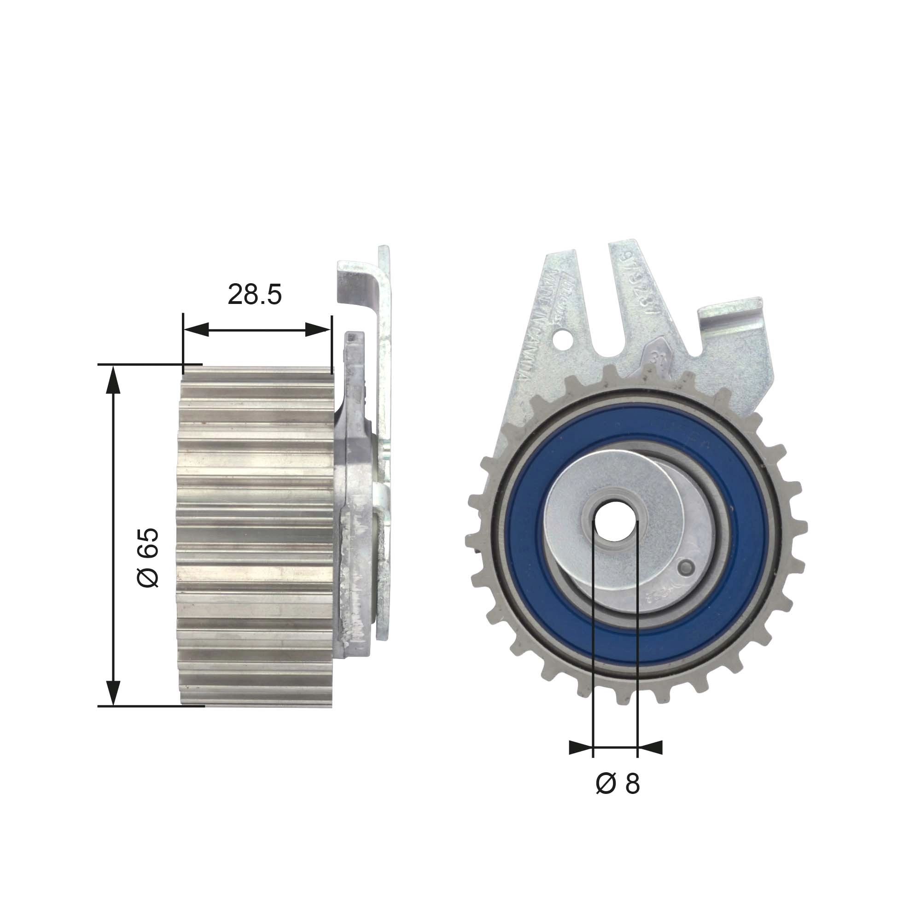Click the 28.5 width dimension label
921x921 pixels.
tap(255, 295)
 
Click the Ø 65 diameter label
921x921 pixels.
tap(147, 557)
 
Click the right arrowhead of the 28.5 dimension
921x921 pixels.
tap(317, 329)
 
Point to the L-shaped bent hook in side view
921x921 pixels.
tap(362, 286)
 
